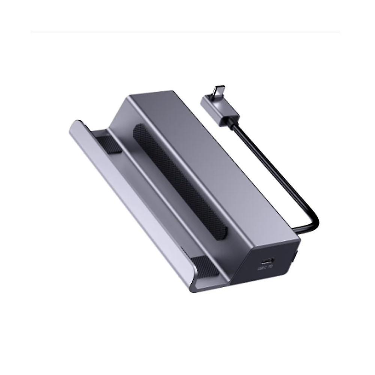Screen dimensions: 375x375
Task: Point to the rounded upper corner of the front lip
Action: coord(77,124)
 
